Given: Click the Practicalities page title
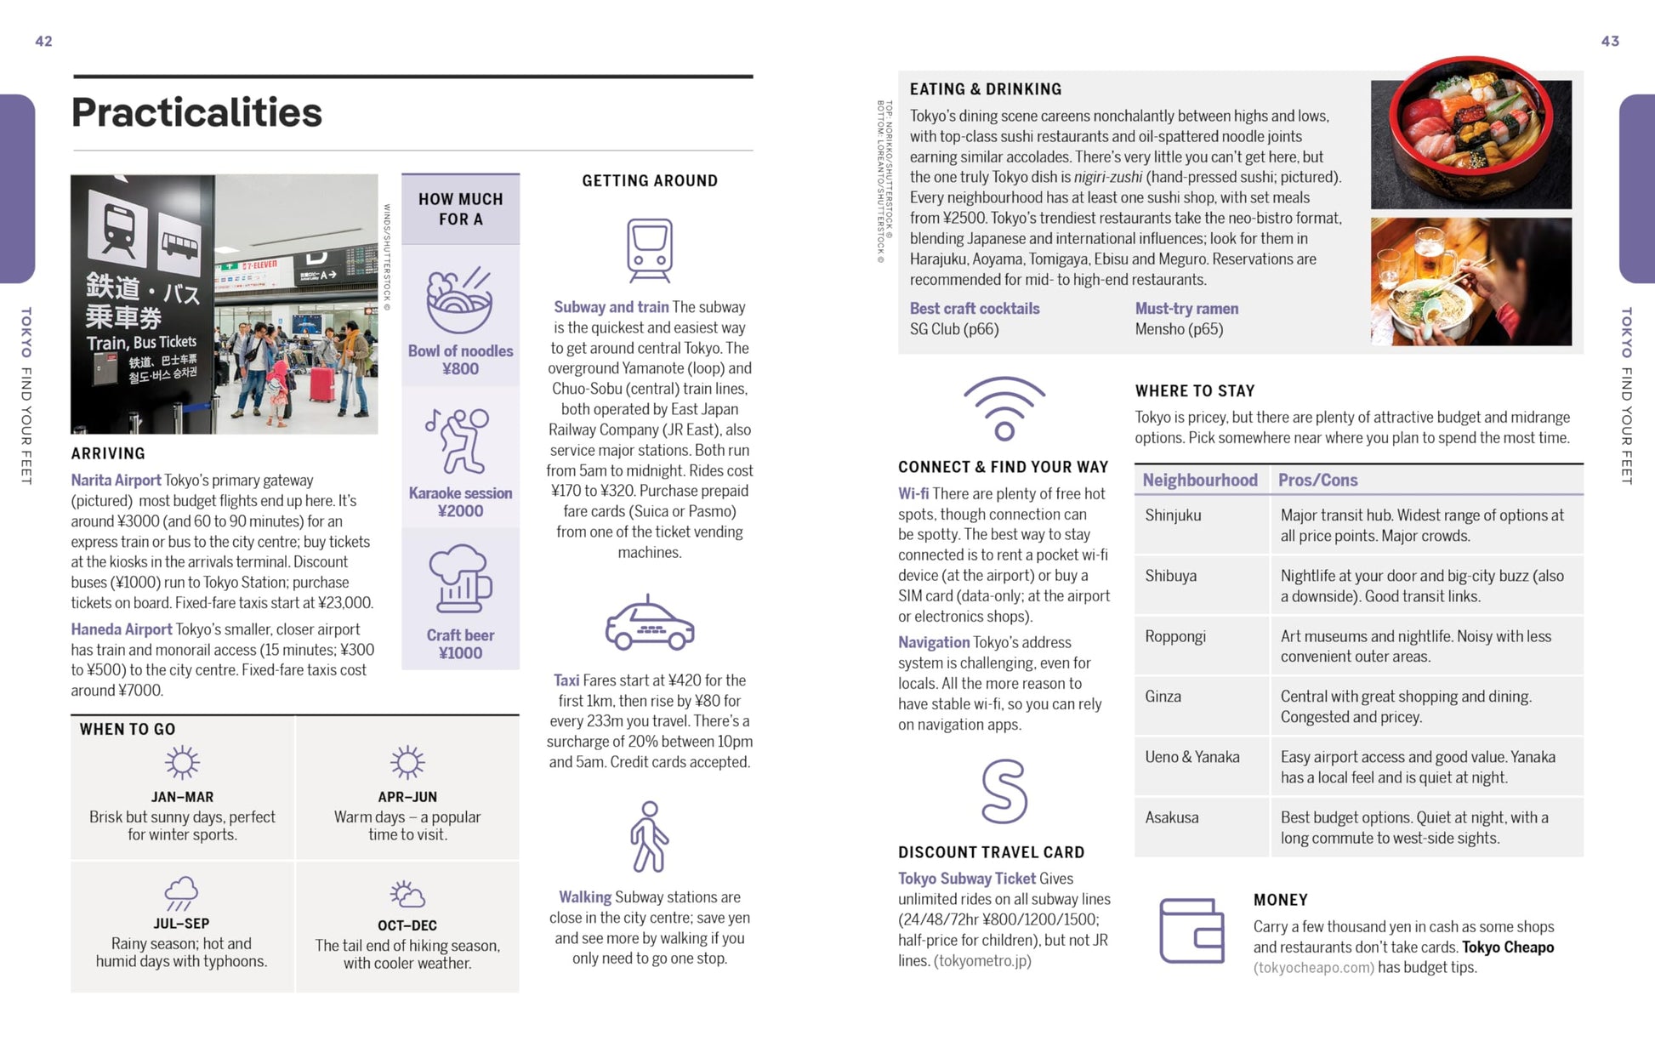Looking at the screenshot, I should coord(196,112).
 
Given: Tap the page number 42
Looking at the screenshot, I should coord(43,41).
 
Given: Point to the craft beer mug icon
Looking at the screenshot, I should coord(460,579).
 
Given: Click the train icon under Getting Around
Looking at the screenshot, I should coord(650,250).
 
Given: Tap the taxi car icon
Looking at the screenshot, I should coord(650,624).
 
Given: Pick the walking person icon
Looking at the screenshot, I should coord(650,837).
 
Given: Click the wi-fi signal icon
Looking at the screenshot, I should coord(1004,408).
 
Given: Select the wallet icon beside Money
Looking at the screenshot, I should coord(1191,931).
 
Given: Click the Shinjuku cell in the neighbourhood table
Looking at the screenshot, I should coord(1173,515).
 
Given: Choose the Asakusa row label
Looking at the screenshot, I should coord(1172,818).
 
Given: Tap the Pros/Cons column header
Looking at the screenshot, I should coord(1317,481).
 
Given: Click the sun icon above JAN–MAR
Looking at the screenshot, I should coord(182,763).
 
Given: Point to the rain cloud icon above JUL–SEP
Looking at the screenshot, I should coord(181,893).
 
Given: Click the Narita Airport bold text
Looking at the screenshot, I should coord(116,481).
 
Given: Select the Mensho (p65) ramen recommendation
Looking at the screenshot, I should coord(1179,329).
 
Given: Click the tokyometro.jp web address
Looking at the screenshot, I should coord(982,961).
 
